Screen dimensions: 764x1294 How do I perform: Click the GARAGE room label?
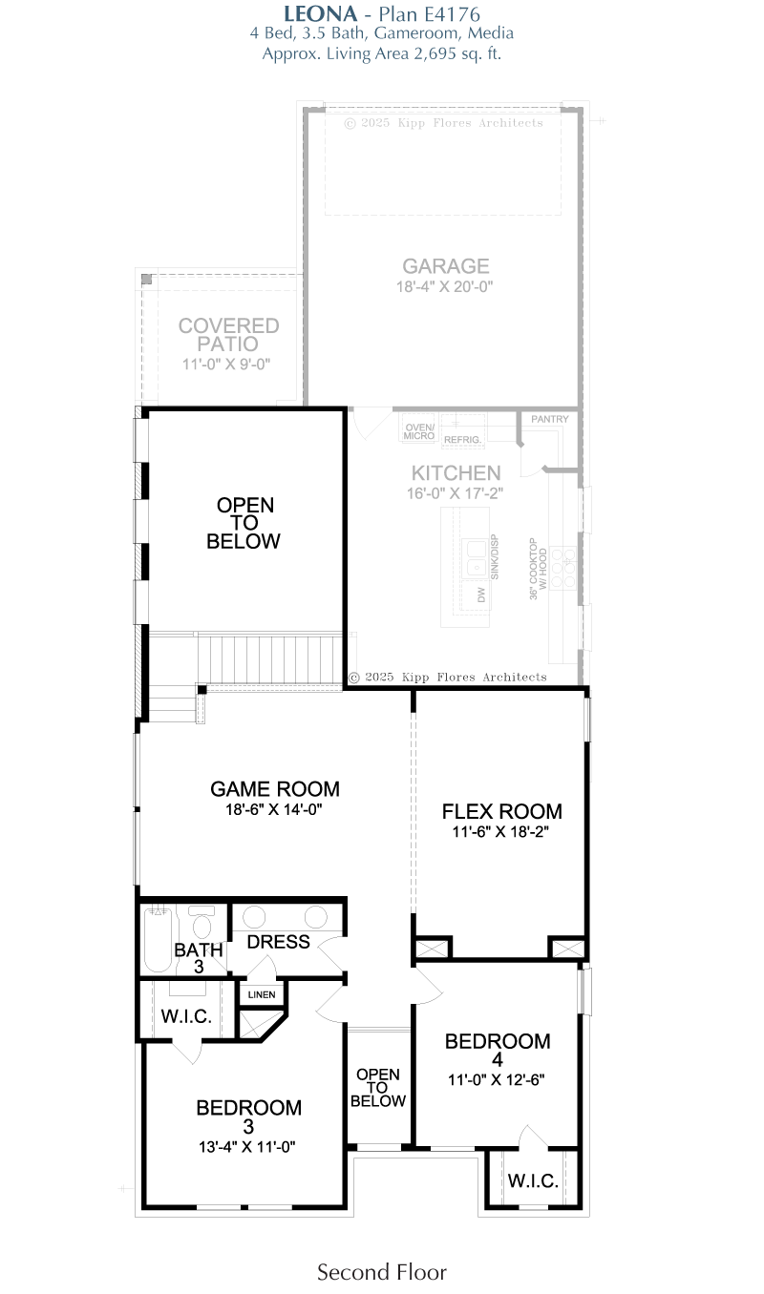[x=446, y=266]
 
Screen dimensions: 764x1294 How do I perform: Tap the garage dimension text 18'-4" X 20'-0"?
[x=444, y=286]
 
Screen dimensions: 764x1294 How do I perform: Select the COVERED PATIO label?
[x=228, y=335]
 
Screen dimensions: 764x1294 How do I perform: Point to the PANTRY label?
[x=549, y=419]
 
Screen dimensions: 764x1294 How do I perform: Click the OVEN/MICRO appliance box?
[x=419, y=428]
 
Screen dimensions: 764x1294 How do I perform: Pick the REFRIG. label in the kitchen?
[x=462, y=440]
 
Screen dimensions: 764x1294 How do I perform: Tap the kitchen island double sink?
[x=476, y=557]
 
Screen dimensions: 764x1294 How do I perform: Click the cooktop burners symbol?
[x=562, y=568]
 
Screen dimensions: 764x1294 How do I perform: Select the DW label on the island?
[x=480, y=595]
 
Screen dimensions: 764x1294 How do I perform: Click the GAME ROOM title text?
[x=274, y=789]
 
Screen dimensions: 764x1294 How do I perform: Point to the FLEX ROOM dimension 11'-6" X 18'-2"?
[x=500, y=832]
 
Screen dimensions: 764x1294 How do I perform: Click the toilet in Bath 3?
[x=202, y=923]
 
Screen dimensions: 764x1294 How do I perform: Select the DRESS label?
[x=278, y=942]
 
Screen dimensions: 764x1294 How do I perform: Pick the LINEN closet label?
[x=262, y=994]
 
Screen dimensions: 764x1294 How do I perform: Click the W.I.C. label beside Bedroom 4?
[x=533, y=1180]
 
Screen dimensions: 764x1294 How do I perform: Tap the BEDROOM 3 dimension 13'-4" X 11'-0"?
[x=246, y=1147]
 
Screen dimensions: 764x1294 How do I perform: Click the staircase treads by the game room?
[x=270, y=659]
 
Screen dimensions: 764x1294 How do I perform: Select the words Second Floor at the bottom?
[x=382, y=1272]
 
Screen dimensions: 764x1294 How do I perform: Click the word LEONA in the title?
[x=321, y=14]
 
